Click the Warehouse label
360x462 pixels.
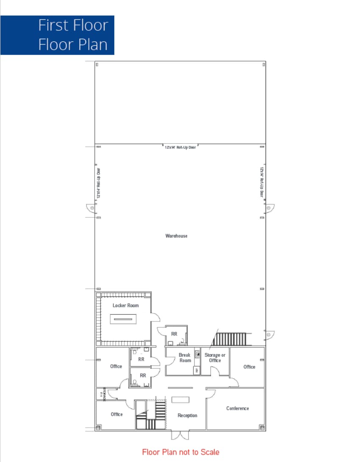point(176,236)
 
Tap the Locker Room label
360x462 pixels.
point(125,305)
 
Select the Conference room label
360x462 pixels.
point(238,408)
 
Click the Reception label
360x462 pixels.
point(187,415)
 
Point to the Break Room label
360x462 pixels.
point(185,357)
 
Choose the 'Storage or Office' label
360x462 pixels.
point(215,357)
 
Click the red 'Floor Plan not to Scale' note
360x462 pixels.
point(180,452)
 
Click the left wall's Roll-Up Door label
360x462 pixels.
point(98,183)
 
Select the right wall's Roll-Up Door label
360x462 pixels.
point(262,182)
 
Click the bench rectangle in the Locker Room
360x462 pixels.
point(124,319)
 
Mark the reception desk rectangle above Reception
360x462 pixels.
point(180,400)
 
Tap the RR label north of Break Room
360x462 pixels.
point(174,334)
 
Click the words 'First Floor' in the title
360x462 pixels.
point(73,25)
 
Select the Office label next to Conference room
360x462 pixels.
point(249,367)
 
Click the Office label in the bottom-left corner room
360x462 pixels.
point(116,414)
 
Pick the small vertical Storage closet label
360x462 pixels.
point(102,394)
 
